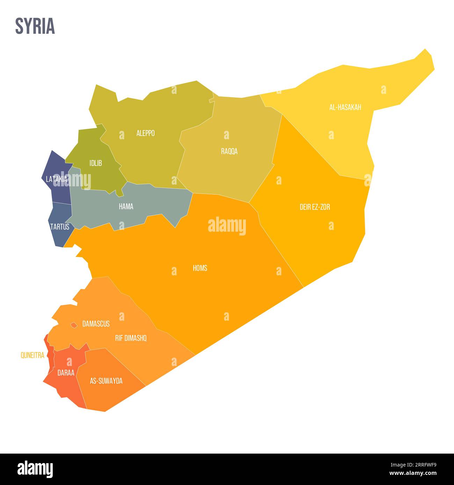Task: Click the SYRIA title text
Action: (35, 26)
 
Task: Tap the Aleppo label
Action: (145, 133)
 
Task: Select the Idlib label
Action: (95, 163)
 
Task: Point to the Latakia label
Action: (56, 179)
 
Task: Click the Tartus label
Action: (60, 227)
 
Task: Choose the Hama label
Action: (126, 207)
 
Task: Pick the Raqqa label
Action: (229, 151)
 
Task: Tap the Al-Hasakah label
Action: (345, 107)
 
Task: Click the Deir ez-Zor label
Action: (315, 207)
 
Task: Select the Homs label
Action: (200, 268)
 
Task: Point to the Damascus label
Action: (96, 324)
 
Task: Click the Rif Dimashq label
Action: (131, 338)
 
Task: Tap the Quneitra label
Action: (32, 356)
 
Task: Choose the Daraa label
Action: (66, 373)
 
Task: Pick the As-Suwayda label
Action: (106, 381)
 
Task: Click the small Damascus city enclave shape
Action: (74, 325)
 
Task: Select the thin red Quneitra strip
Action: (51, 356)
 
